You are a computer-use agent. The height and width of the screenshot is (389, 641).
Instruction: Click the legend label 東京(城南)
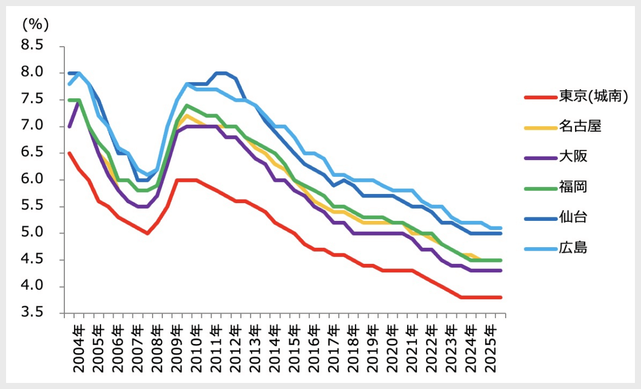[594, 96]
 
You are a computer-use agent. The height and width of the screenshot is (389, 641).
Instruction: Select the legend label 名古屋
[580, 126]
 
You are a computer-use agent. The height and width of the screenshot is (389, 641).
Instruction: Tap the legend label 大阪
[574, 157]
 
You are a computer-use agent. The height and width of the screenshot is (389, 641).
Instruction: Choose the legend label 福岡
[574, 187]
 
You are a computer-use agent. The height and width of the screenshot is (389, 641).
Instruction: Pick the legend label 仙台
[574, 217]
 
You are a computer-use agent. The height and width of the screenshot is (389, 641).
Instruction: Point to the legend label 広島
[574, 248]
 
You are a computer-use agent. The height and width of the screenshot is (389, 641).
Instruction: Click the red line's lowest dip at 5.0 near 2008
[147, 233]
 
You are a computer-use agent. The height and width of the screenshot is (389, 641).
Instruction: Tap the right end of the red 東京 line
[501, 297]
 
